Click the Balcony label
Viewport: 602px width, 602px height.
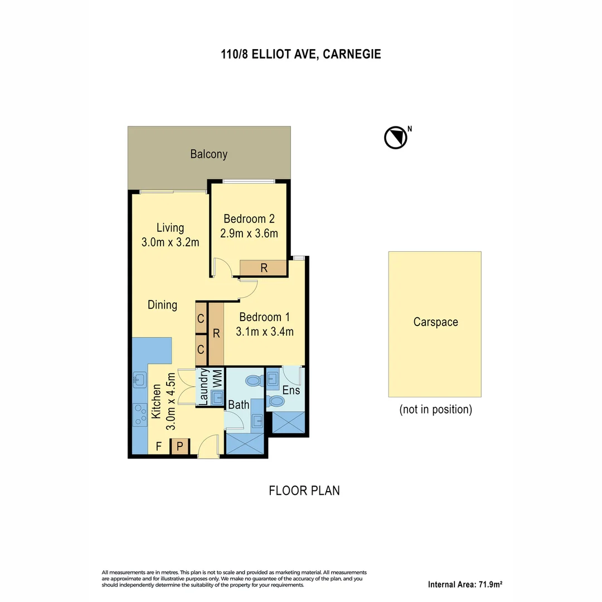(x=209, y=154)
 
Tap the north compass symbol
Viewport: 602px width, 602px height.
(x=395, y=138)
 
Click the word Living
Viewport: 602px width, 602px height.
(x=170, y=227)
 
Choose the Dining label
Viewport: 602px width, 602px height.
(x=162, y=305)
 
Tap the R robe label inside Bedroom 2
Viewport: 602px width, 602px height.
(x=264, y=268)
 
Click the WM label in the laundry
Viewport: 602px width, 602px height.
(x=217, y=378)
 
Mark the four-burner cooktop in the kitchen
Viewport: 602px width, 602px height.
(x=139, y=415)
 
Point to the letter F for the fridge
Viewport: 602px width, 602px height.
(x=159, y=446)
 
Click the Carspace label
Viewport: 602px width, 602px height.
(x=435, y=322)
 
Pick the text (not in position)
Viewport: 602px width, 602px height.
(x=435, y=410)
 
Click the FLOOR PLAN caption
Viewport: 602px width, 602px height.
(x=304, y=491)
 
